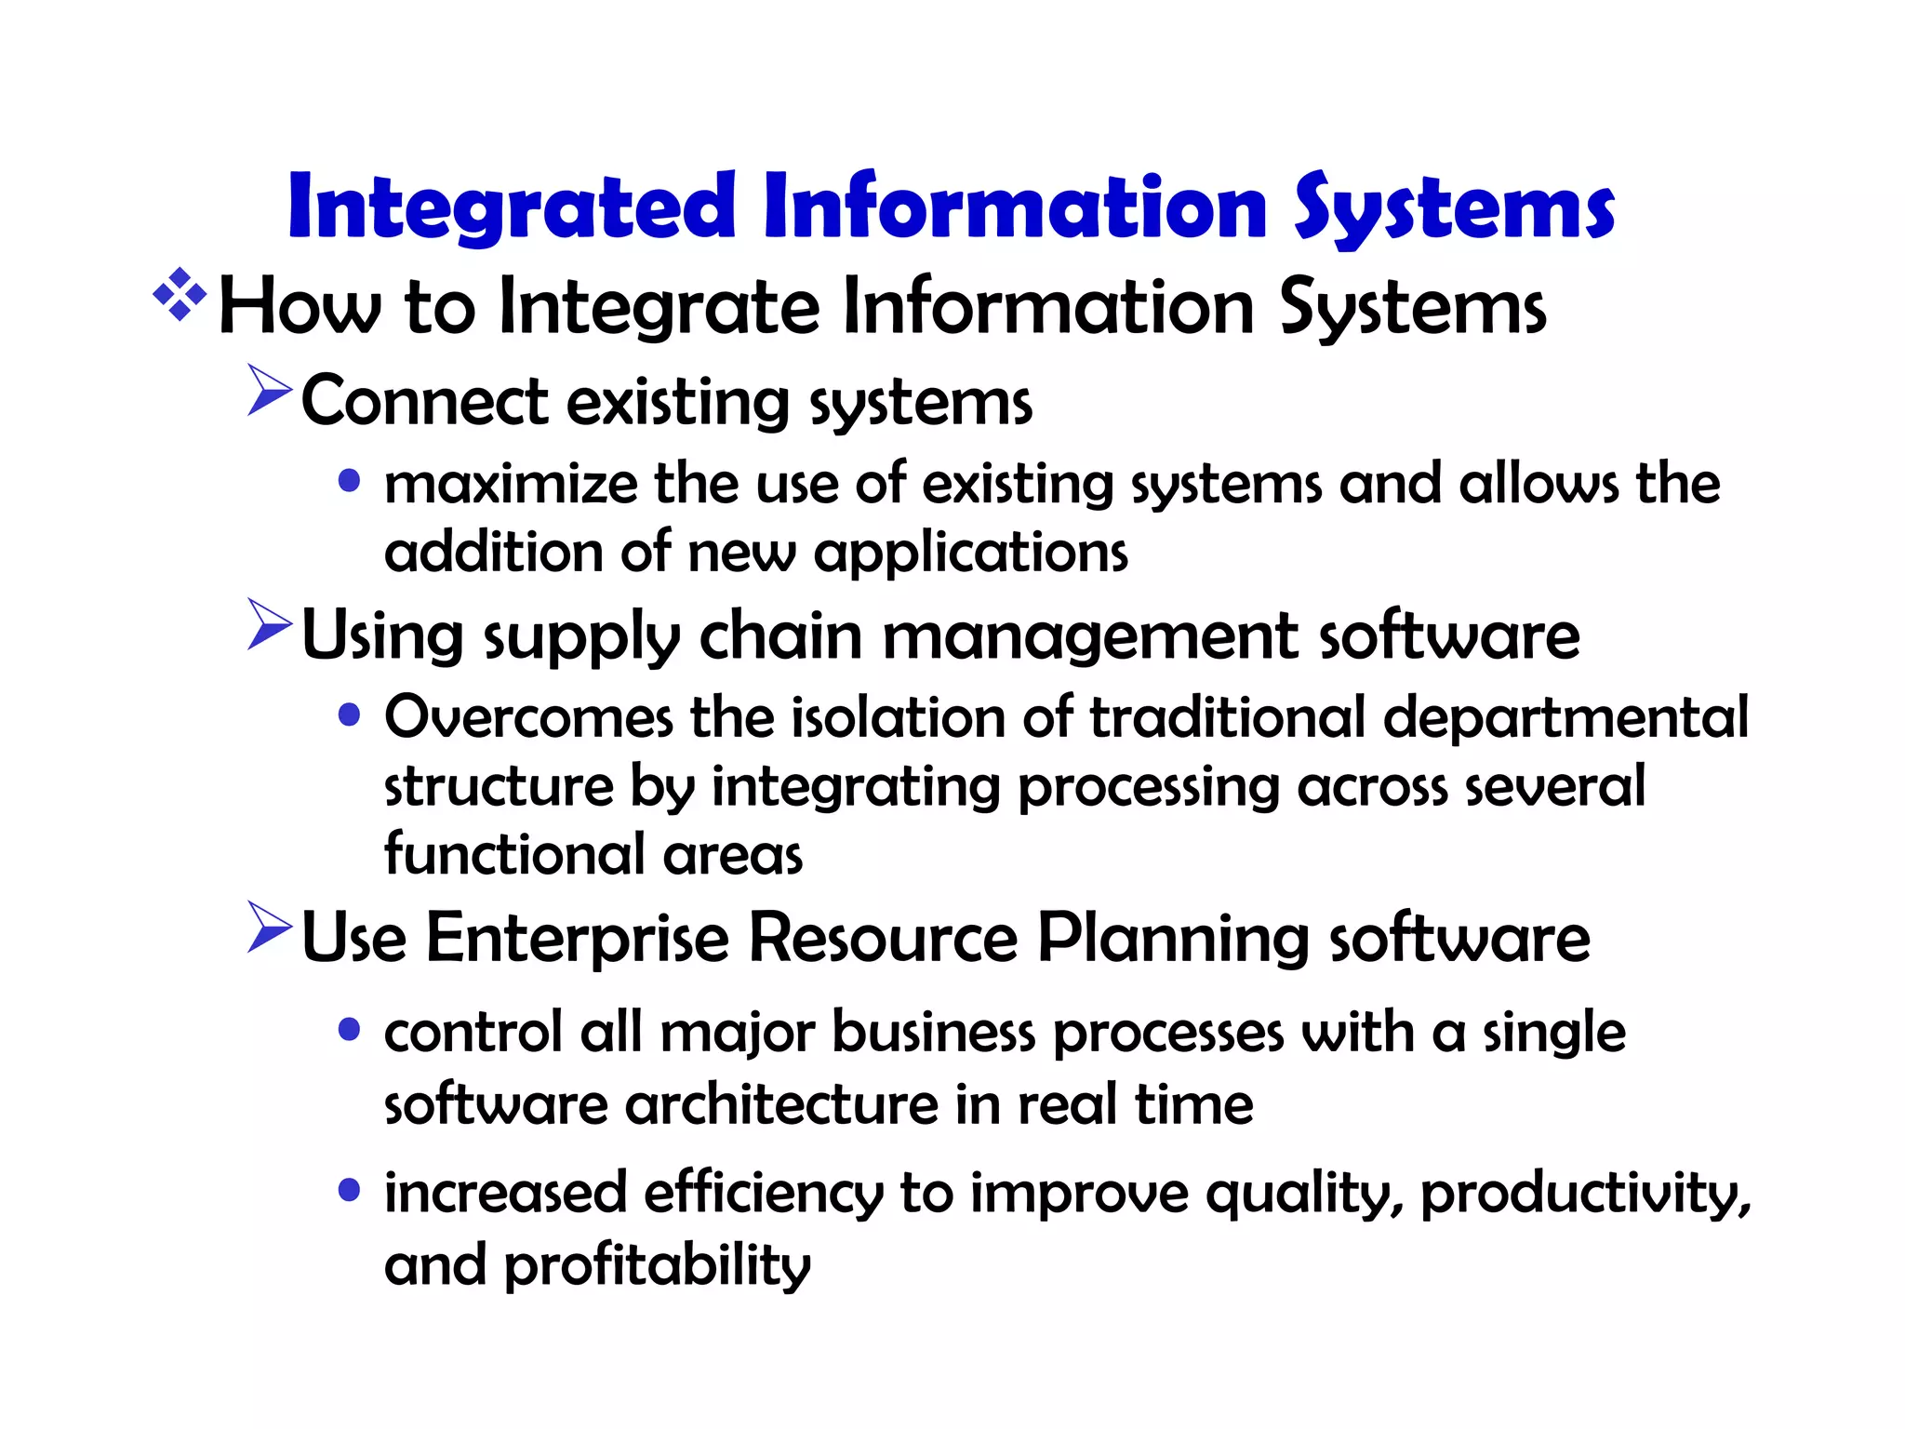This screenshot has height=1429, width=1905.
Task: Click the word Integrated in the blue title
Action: point(512,207)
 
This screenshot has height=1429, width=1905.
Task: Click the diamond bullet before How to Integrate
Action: point(180,295)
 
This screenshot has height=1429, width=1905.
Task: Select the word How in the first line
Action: point(300,307)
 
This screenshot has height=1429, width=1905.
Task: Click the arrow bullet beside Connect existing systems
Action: point(270,390)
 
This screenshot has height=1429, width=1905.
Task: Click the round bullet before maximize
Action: point(350,481)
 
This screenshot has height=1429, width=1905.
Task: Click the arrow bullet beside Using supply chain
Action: point(270,624)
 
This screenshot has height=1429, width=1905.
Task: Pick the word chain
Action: point(780,636)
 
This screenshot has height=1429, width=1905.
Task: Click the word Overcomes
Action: point(528,718)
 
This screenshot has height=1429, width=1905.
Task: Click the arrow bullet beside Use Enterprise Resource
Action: point(270,927)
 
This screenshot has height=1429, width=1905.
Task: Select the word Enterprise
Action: point(577,938)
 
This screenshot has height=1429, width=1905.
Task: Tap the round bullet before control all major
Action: point(350,1030)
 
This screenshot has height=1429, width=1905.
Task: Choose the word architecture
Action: point(781,1105)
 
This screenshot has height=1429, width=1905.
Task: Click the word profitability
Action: point(657,1266)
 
